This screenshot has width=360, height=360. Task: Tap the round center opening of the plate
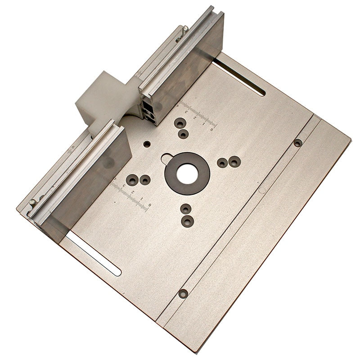coord(187,173)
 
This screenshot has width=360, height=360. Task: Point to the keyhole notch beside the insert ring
coord(166,158)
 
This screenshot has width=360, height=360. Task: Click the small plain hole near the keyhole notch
coord(147,144)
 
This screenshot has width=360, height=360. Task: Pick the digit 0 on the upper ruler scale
coord(212,129)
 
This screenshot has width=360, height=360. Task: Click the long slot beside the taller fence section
coord(238,76)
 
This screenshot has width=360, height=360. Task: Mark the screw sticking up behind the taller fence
coord(185,29)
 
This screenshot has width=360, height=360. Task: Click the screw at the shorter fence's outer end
coord(32,202)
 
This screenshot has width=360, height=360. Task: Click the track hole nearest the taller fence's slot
coord(297,143)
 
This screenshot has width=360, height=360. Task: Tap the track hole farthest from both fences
coord(183,293)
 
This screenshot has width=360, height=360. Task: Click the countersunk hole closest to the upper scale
coord(180,123)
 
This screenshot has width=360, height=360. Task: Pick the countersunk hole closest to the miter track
coord(234,161)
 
